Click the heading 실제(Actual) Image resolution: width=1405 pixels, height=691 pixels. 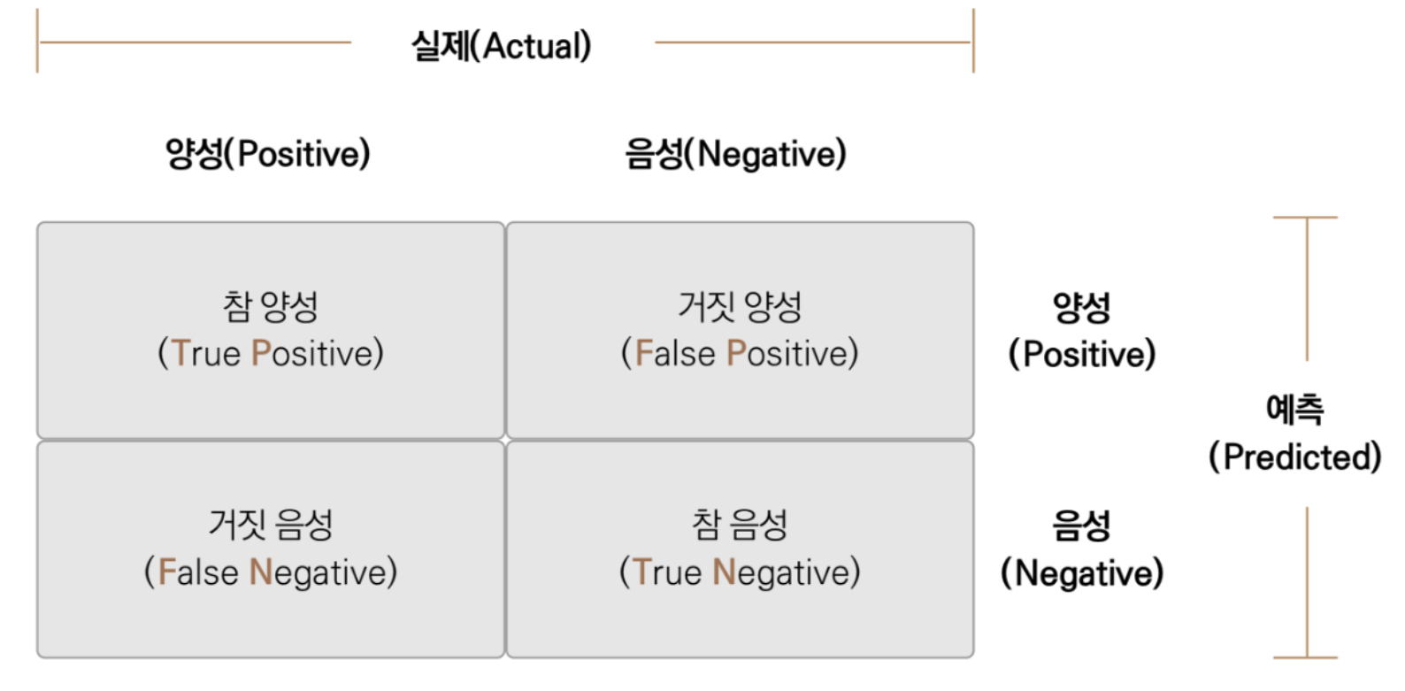pos(501,46)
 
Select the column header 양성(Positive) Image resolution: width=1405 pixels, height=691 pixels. pos(268,154)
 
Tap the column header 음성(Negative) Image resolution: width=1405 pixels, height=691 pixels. pos(736,154)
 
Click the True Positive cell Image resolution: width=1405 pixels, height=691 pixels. pos(271,330)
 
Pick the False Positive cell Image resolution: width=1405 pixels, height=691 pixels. pos(741,330)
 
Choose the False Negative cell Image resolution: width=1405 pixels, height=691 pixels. pos(271,549)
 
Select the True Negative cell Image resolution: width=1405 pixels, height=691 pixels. pos(741,549)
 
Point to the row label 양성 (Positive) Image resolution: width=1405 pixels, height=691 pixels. pos(1082,331)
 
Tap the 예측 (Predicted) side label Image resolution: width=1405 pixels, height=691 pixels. pos(1295,434)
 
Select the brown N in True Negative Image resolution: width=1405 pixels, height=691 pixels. pos(724,572)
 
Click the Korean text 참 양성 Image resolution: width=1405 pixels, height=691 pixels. pos(271,307)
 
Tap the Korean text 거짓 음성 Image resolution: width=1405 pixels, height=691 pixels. pos(271,525)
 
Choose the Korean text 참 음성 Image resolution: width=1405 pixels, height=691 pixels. pos(741,525)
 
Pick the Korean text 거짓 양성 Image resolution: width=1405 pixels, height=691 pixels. pos(741,307)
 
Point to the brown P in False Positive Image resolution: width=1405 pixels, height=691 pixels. pos(736,353)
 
